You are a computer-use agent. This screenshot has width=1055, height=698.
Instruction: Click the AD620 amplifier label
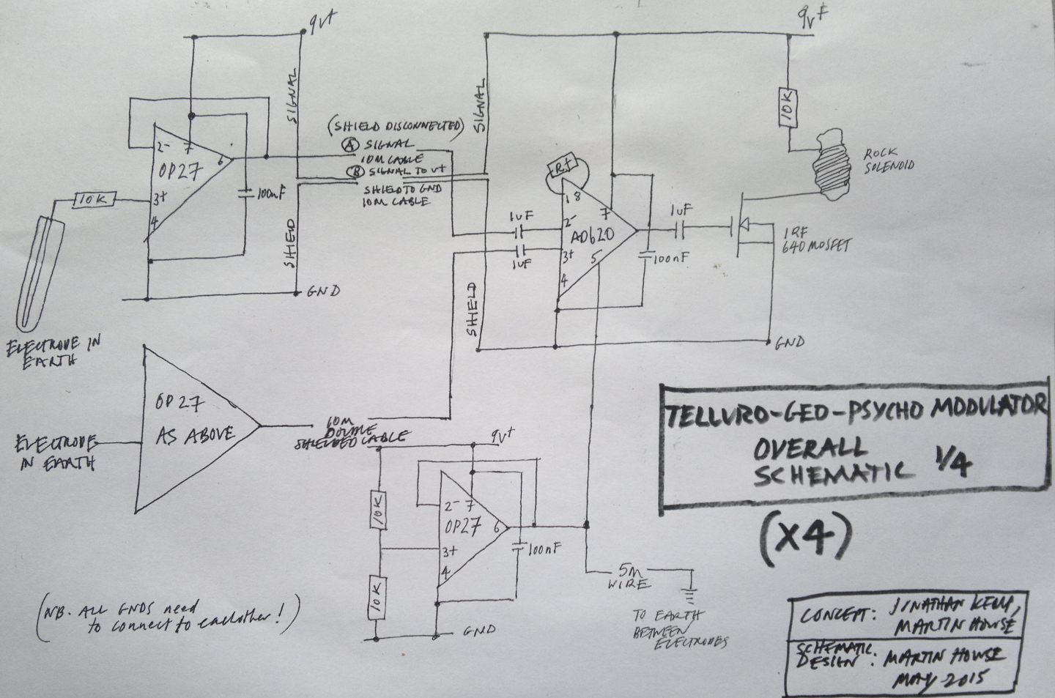click(591, 234)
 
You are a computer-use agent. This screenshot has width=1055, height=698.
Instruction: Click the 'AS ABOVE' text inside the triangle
click(194, 434)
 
